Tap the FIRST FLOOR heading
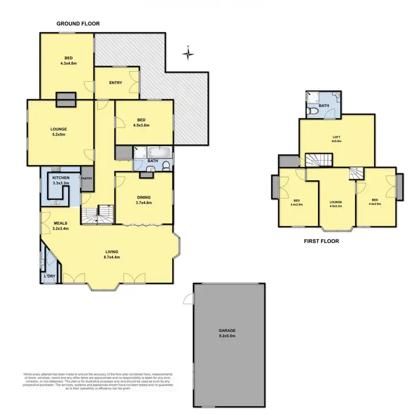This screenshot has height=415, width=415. click(321, 241)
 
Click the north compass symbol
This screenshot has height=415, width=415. click(189, 54)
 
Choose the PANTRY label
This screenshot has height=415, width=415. click(87, 179)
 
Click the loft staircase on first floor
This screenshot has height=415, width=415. click(318, 160)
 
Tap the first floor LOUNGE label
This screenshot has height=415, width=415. click(337, 203)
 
